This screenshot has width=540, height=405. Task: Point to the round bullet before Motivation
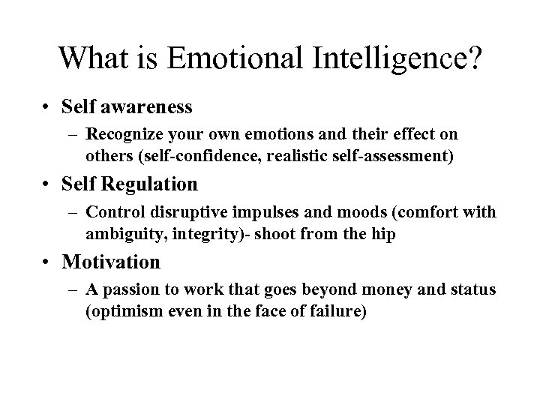[46, 262]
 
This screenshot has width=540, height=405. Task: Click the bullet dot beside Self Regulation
[46, 184]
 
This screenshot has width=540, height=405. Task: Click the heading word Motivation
[112, 262]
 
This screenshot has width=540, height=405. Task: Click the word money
[379, 289]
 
